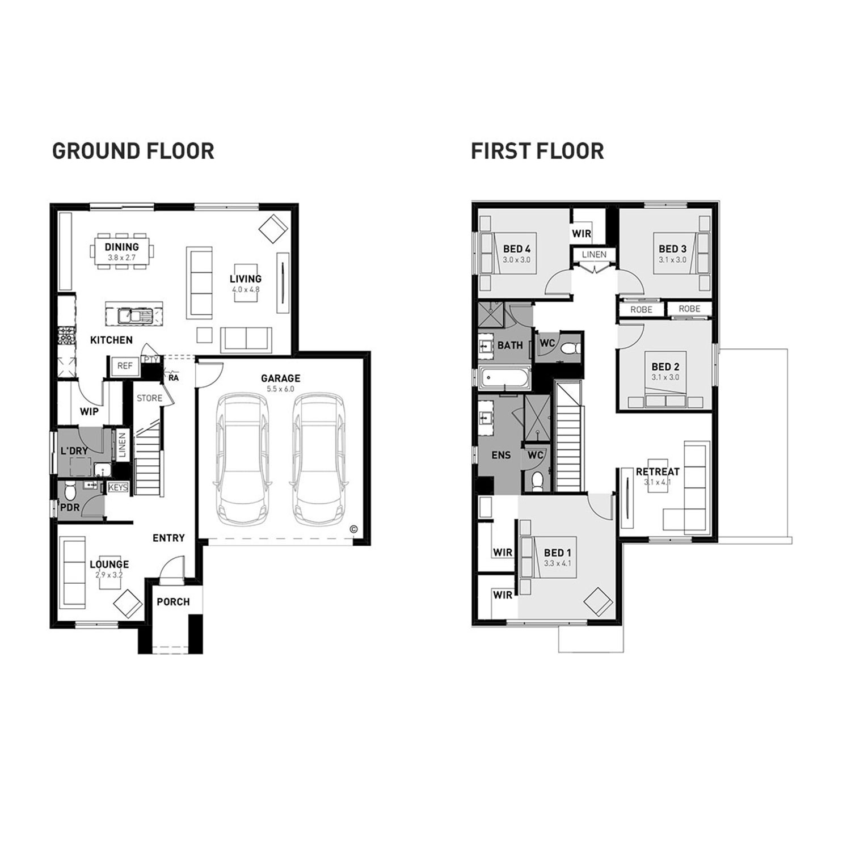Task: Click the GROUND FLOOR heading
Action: (133, 151)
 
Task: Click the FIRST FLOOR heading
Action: (537, 151)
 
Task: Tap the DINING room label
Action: (121, 247)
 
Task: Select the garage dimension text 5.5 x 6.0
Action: (280, 389)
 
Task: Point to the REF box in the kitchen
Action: (125, 366)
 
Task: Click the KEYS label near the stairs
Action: (118, 487)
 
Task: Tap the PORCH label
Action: (173, 602)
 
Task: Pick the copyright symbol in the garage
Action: (353, 529)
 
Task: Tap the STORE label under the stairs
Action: (149, 398)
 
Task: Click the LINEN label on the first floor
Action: (594, 255)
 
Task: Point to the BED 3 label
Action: (672, 248)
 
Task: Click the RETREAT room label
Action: (658, 471)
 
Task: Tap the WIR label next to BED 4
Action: (582, 233)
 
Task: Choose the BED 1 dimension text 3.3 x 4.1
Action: (557, 563)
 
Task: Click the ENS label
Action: (502, 454)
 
